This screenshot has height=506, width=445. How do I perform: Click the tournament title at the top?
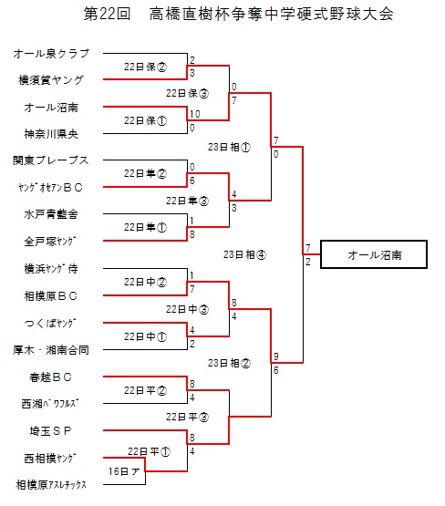[239, 14]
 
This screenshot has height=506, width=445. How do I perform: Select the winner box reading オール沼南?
[374, 254]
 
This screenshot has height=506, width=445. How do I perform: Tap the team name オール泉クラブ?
[51, 54]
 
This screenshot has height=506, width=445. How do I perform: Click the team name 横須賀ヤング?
[51, 80]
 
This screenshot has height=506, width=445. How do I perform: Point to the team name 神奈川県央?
[51, 134]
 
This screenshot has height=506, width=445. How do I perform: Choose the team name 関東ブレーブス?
[51, 160]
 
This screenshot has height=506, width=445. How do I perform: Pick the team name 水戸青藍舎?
[51, 214]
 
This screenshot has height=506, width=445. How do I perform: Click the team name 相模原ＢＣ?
[51, 296]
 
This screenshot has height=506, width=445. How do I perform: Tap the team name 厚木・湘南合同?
[51, 350]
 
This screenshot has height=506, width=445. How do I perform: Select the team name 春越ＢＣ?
[50, 377]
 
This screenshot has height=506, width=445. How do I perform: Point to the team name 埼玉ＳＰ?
[50, 431]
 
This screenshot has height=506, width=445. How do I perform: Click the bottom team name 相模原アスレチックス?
[51, 484]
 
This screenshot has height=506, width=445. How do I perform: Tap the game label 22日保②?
[145, 67]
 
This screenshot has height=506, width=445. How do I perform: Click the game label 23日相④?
[244, 255]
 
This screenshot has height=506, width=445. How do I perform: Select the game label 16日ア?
[124, 471]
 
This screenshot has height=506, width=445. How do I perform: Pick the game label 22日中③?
[187, 309]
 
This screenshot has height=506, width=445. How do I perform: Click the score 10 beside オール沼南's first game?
[195, 114]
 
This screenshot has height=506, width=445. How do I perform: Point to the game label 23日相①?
[229, 148]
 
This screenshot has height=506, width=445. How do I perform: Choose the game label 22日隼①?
[145, 228]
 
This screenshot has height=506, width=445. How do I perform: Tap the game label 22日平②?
[145, 390]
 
